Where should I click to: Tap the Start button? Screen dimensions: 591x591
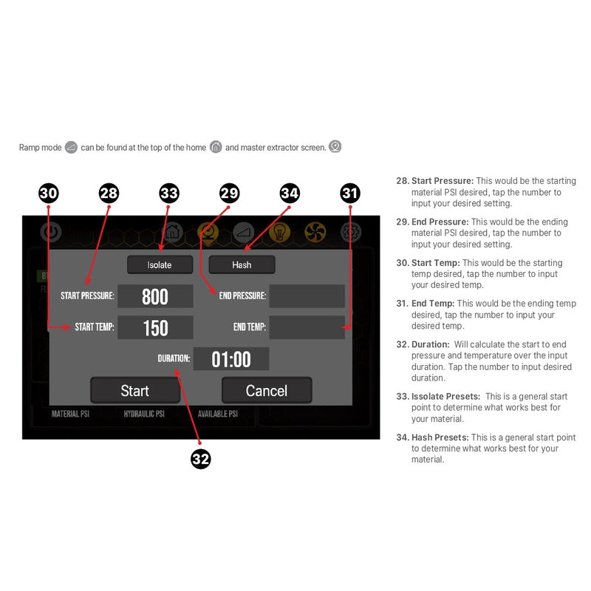click(x=134, y=390)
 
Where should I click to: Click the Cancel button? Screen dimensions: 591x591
click(x=267, y=390)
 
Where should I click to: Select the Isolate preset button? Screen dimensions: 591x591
click(x=160, y=264)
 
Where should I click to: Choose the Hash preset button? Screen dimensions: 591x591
click(x=242, y=264)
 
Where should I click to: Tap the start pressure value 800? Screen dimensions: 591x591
click(x=155, y=296)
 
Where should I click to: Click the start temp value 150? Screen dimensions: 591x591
click(x=155, y=327)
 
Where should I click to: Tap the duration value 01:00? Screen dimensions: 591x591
click(x=231, y=359)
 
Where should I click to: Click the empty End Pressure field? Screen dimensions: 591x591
click(x=307, y=296)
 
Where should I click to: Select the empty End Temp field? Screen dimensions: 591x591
click(x=307, y=327)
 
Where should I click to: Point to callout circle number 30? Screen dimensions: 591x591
click(x=48, y=194)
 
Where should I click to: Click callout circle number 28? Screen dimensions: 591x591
click(x=109, y=194)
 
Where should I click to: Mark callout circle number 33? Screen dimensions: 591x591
click(x=169, y=194)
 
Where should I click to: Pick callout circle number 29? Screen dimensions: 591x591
click(x=230, y=194)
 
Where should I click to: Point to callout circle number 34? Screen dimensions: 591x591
click(x=290, y=194)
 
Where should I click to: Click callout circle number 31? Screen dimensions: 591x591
click(x=350, y=194)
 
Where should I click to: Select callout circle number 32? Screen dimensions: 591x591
click(x=200, y=459)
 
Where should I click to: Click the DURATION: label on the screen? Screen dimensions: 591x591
click(x=174, y=359)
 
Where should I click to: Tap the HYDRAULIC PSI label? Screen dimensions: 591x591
click(x=144, y=414)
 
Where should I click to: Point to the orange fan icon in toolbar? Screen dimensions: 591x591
click(x=315, y=231)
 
